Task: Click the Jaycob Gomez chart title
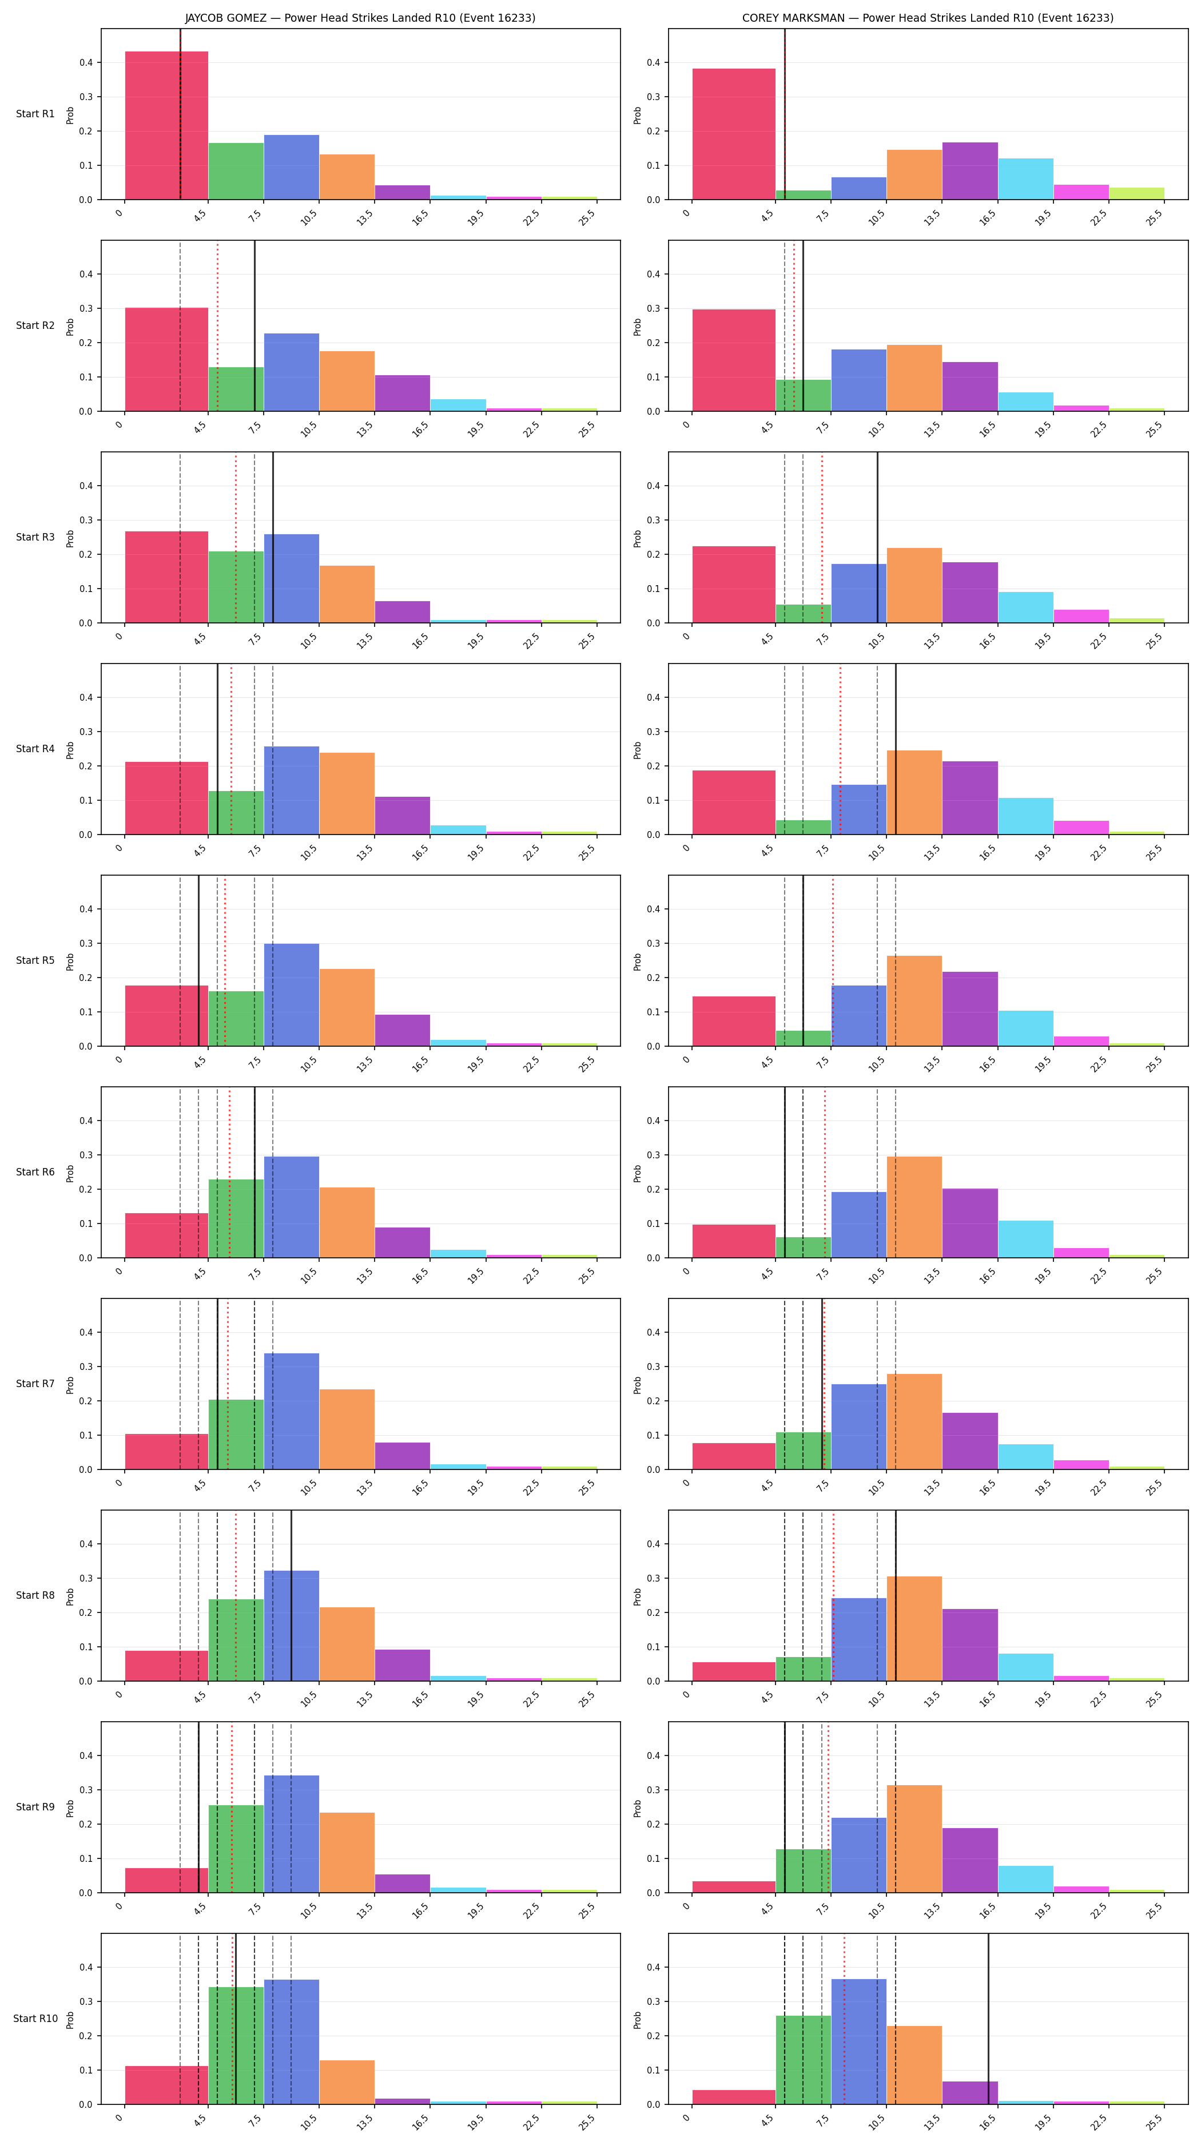[360, 18]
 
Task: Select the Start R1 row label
[35, 114]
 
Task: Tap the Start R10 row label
[35, 2019]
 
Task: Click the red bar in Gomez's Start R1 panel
[166, 126]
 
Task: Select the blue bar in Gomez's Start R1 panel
[291, 168]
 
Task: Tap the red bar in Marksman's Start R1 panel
[733, 134]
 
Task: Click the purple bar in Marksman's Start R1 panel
[969, 170]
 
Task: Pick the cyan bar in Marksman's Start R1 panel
[1025, 179]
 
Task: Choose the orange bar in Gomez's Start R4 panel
[347, 793]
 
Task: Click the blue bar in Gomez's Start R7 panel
[291, 1411]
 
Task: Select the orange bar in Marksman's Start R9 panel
[914, 1838]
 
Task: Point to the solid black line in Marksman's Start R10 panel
[988, 2019]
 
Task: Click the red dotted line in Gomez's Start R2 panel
[217, 325]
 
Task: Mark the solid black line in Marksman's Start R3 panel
[877, 537]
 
